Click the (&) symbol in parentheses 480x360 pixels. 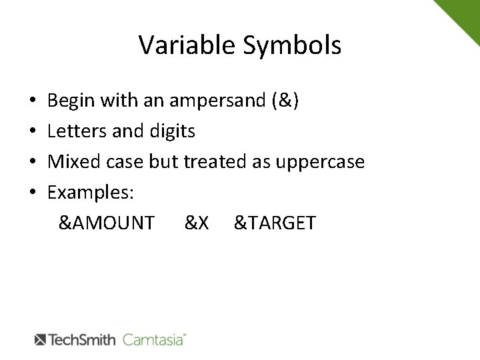click(285, 101)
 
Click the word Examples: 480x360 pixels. click(91, 192)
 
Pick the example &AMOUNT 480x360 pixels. click(107, 223)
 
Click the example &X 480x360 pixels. click(197, 223)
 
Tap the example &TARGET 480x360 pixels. click(274, 223)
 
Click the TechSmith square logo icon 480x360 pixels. click(41, 339)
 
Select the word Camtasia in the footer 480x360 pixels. click(154, 339)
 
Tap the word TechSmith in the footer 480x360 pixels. click(83, 339)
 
